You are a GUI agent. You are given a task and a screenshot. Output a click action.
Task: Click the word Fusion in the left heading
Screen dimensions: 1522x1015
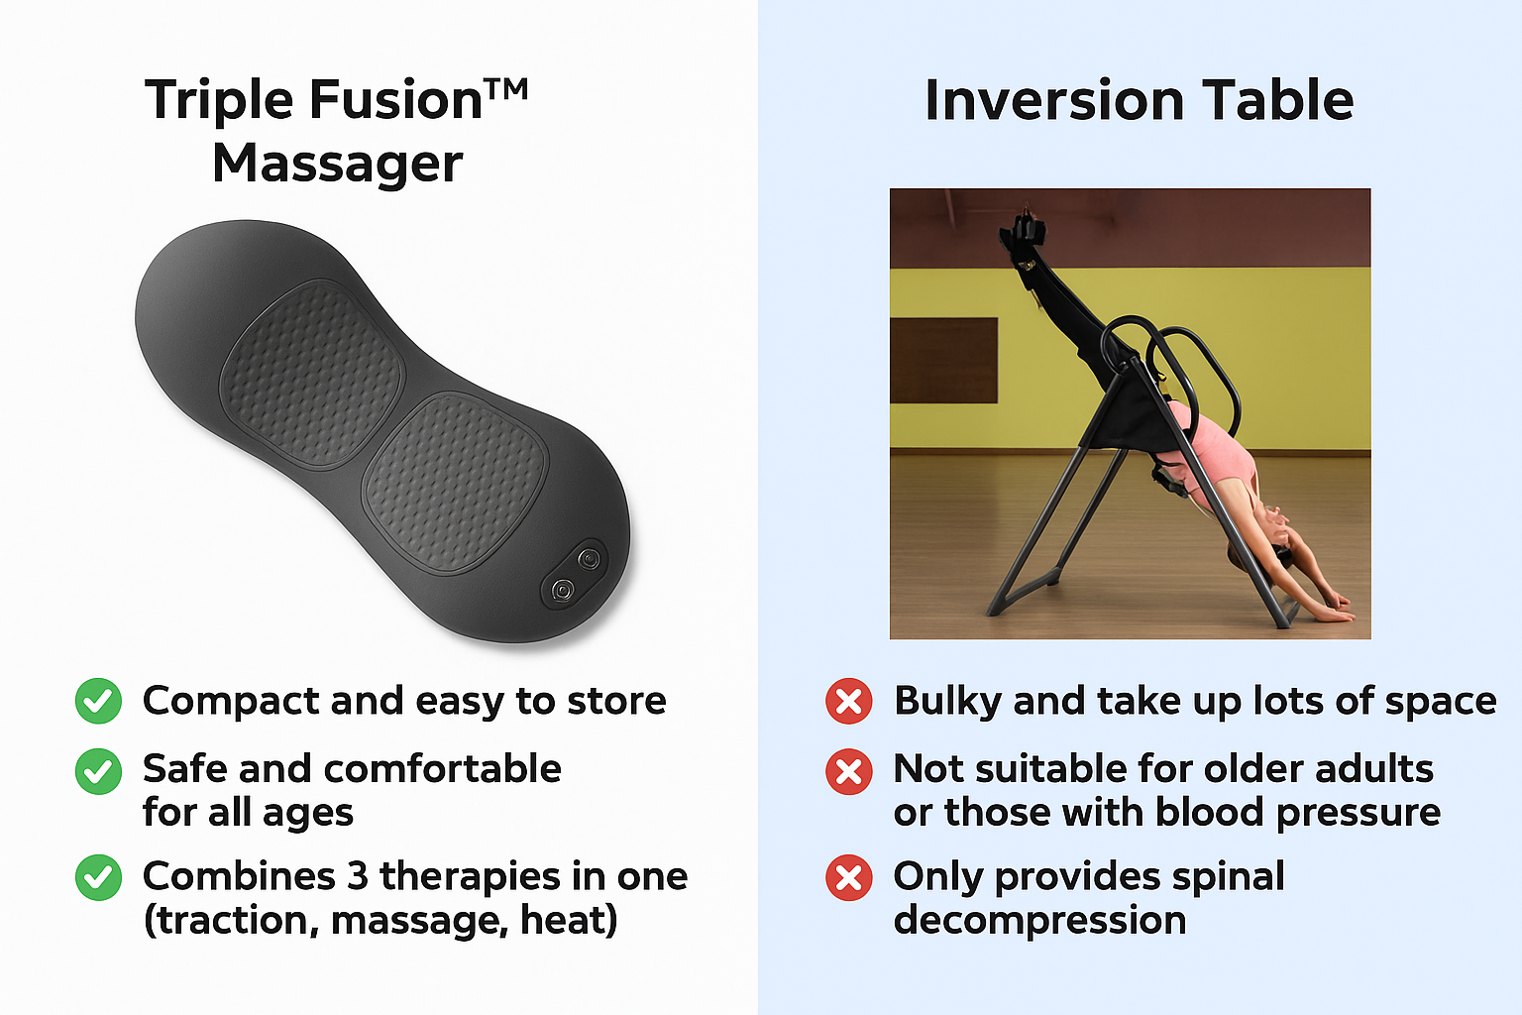(395, 100)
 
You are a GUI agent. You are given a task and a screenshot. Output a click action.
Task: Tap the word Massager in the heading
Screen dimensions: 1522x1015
(338, 165)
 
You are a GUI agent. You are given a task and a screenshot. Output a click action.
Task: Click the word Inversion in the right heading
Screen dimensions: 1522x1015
(1054, 101)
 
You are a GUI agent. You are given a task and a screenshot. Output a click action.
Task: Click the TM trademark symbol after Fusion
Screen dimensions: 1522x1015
(505, 90)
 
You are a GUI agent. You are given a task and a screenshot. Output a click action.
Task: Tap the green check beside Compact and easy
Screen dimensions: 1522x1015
(98, 701)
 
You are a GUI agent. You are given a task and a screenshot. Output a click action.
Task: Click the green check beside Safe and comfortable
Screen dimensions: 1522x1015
(98, 771)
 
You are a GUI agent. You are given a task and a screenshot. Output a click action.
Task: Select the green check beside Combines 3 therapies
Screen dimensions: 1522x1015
(98, 877)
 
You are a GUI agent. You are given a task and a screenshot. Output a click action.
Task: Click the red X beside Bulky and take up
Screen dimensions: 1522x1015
(849, 701)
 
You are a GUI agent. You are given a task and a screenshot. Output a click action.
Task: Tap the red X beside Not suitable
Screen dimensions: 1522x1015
(849, 771)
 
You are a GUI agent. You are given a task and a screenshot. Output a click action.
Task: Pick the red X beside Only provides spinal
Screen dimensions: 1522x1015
(849, 877)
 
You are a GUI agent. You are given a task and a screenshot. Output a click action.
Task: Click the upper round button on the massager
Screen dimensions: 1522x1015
(590, 559)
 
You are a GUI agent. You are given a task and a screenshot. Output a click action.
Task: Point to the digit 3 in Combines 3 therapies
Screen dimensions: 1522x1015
(358, 876)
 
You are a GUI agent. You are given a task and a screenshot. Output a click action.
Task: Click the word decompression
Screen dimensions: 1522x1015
(1039, 922)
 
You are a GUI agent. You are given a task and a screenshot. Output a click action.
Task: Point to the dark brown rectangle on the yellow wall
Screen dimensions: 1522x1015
(944, 361)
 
